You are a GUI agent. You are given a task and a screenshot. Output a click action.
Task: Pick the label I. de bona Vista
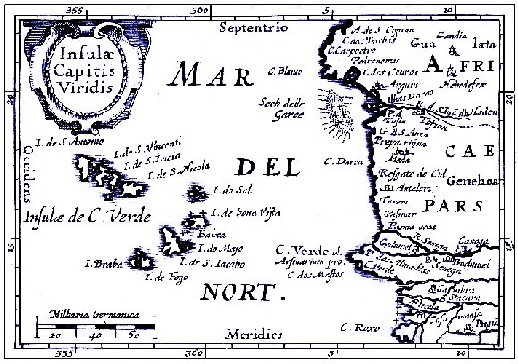coord(251,211)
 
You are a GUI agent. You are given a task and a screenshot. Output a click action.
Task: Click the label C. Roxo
coord(357,328)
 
